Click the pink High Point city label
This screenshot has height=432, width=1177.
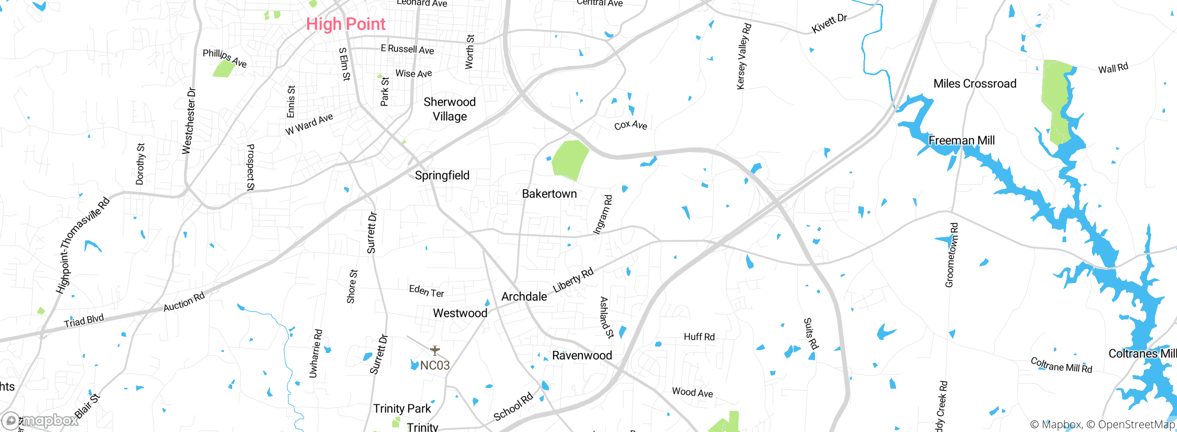pyautogui.click(x=346, y=24)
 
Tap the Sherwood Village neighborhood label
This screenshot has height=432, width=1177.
pyautogui.click(x=449, y=109)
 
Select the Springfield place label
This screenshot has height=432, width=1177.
pyautogui.click(x=442, y=176)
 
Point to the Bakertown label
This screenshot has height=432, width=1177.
pyautogui.click(x=549, y=194)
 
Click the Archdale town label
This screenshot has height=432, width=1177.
pyautogui.click(x=524, y=297)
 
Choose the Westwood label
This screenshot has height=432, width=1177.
pyautogui.click(x=460, y=313)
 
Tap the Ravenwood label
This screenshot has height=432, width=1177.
pyautogui.click(x=582, y=356)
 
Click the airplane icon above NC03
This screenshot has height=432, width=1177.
pyautogui.click(x=434, y=351)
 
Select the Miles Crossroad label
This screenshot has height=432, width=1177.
pyautogui.click(x=974, y=84)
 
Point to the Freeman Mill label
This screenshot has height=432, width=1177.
pyautogui.click(x=961, y=141)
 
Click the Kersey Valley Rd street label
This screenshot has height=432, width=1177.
pyautogui.click(x=743, y=57)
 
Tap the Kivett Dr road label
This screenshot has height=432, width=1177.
pyautogui.click(x=829, y=23)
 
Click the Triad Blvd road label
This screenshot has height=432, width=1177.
pyautogui.click(x=84, y=321)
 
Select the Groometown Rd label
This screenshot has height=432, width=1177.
pyautogui.click(x=951, y=256)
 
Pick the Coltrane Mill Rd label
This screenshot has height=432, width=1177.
pyautogui.click(x=1061, y=365)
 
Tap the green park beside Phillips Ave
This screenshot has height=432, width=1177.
pyautogui.click(x=224, y=69)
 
